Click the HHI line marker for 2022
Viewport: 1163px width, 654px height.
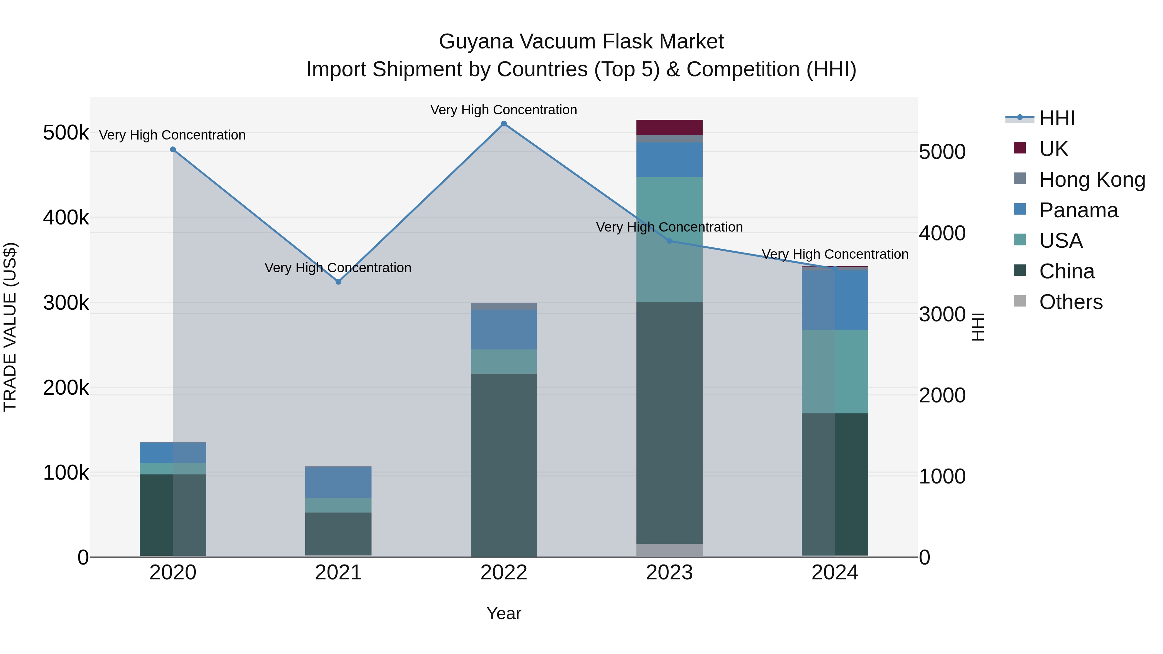[x=504, y=124]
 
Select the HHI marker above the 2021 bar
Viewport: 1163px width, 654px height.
[x=338, y=282]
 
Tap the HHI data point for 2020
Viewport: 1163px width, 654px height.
[x=173, y=150]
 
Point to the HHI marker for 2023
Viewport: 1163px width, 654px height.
[x=670, y=241]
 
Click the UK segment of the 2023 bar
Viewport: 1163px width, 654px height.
[x=670, y=127]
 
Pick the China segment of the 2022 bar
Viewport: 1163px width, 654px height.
[x=504, y=465]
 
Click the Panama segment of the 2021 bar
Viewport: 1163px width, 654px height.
[x=338, y=482]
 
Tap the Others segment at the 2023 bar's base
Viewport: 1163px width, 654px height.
[x=670, y=550]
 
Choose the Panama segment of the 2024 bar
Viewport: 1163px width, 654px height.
[x=835, y=300]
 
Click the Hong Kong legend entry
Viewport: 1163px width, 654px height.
[x=1092, y=180]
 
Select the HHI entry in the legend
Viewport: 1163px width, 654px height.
[x=1056, y=118]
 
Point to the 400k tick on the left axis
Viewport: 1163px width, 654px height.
[x=66, y=218]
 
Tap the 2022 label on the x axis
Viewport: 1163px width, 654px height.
[x=504, y=573]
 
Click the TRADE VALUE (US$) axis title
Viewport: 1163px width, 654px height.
[x=10, y=327]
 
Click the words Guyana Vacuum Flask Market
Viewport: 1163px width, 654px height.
[x=581, y=42]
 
